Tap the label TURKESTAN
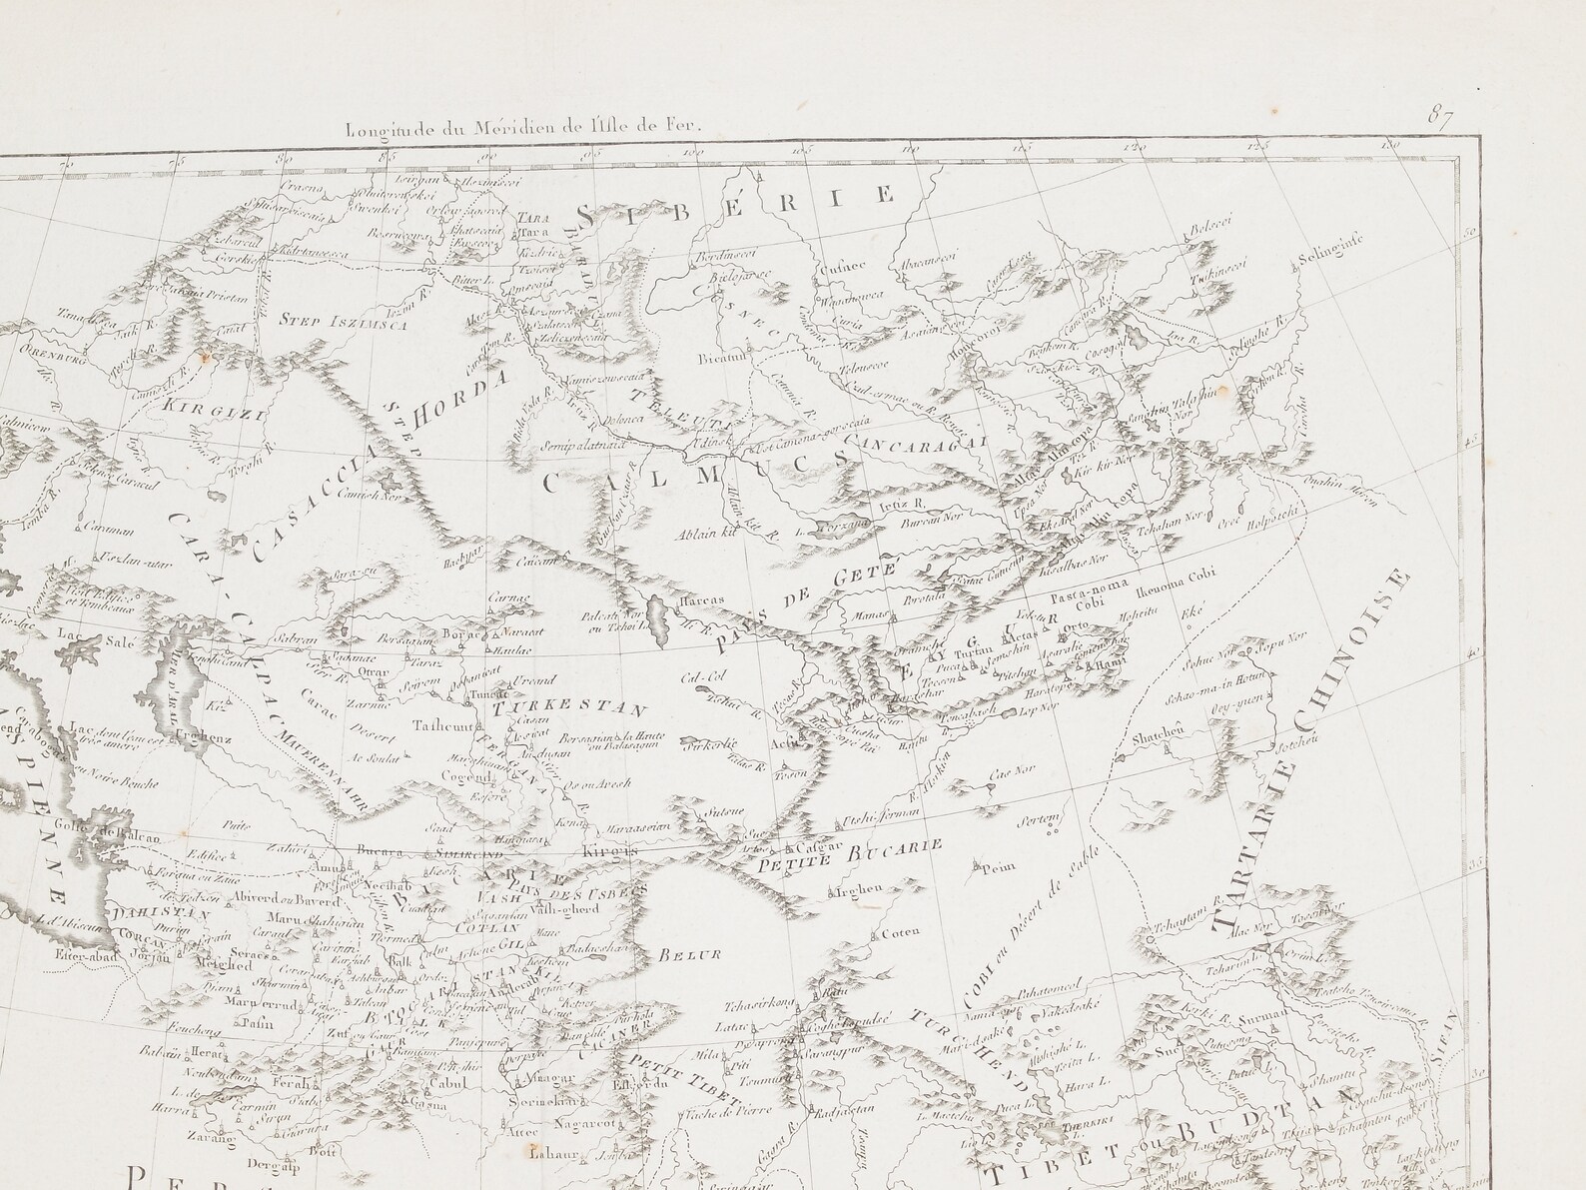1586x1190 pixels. click(566, 706)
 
